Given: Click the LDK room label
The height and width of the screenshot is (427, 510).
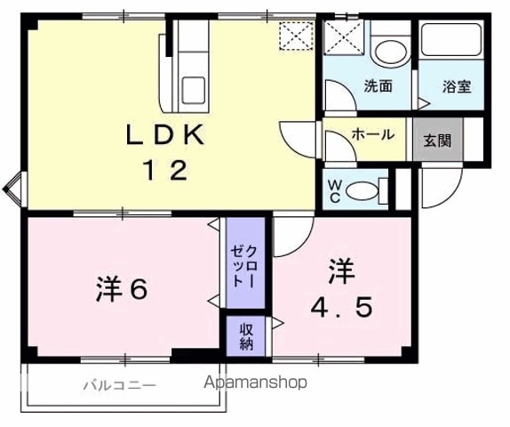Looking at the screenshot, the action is click(x=165, y=134).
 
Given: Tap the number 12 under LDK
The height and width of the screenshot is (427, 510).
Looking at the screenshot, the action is click(x=166, y=170).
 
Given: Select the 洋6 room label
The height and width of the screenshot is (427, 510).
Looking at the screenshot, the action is click(x=122, y=289).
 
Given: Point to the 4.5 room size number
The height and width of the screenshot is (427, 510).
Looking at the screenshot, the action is click(x=341, y=308).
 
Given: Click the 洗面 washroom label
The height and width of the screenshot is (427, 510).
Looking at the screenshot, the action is click(x=378, y=85).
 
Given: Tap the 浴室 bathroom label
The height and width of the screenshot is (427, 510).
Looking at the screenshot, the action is click(x=457, y=86).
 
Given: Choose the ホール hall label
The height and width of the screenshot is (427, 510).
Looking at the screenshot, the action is click(x=373, y=134).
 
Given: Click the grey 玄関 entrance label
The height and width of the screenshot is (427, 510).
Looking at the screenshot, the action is click(x=437, y=141).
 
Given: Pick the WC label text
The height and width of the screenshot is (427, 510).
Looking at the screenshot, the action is click(x=334, y=191).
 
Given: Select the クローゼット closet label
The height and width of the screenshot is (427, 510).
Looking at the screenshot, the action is click(x=245, y=266).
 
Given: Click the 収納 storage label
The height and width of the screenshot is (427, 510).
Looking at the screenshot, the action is click(x=246, y=337).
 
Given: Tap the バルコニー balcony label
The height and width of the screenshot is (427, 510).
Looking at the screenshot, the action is click(x=120, y=386).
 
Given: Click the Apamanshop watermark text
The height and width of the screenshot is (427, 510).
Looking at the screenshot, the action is click(x=255, y=382).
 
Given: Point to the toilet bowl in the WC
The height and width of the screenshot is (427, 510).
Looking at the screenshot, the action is click(x=363, y=191).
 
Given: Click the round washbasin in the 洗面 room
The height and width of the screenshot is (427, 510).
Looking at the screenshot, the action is click(x=391, y=53).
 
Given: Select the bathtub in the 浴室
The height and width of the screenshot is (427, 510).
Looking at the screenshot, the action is click(x=451, y=39).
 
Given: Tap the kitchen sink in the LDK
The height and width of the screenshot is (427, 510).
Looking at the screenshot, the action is click(x=193, y=90).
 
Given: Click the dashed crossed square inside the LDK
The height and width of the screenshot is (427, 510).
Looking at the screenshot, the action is click(x=296, y=36).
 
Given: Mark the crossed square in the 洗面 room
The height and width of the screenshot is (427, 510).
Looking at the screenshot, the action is click(x=344, y=37).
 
